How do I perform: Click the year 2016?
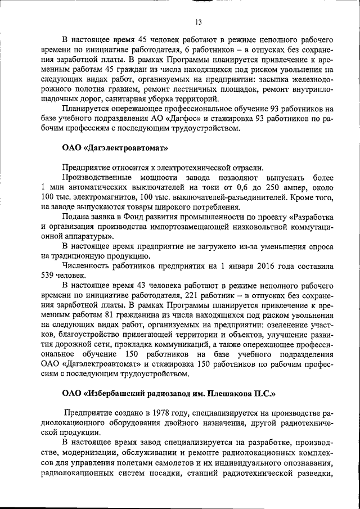click(267, 266)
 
